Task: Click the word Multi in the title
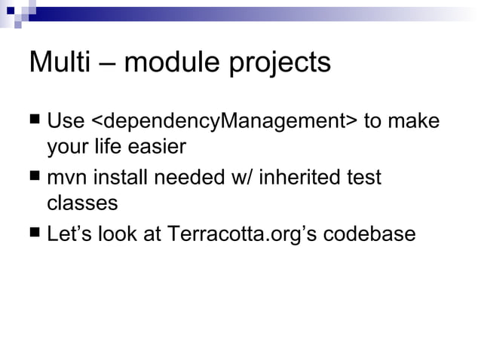pyautogui.click(x=58, y=63)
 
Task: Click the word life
pyautogui.click(x=108, y=146)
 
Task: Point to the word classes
pyautogui.click(x=82, y=203)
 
